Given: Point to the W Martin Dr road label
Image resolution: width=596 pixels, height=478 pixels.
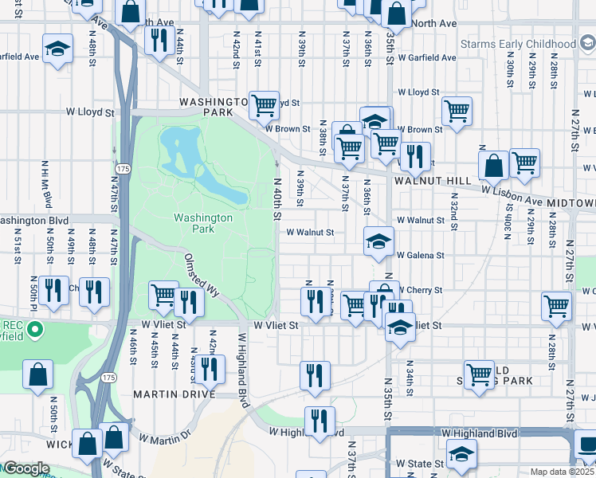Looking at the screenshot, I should (x=165, y=436).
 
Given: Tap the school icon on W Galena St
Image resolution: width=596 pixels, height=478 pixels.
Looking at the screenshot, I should (x=378, y=240).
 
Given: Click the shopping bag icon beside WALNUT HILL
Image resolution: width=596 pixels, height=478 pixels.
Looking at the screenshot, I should (x=494, y=165).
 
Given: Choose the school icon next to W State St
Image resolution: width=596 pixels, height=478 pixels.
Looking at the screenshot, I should (x=461, y=453).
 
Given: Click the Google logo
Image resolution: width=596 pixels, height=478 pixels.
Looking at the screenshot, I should (x=25, y=468).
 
